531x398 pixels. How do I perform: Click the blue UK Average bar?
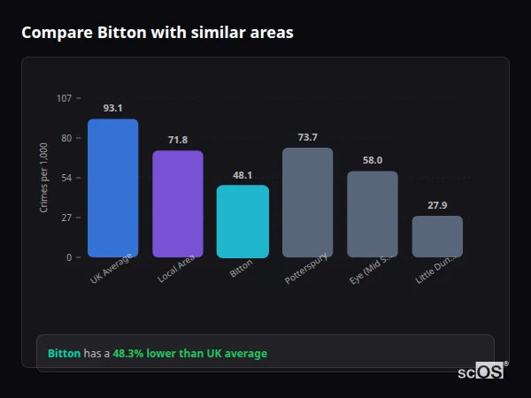(x=112, y=188)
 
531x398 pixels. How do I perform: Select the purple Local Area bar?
(x=177, y=203)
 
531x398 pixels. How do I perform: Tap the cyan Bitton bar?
(x=242, y=221)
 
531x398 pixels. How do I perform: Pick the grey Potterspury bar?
(x=307, y=202)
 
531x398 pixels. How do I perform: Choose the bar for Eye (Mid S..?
(x=372, y=214)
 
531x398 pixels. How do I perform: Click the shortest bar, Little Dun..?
(x=437, y=236)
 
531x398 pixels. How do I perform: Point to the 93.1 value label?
(x=112, y=108)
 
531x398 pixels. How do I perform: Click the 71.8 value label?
(x=177, y=140)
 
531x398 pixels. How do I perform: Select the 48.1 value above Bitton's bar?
(x=242, y=175)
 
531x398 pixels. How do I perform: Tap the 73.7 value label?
(x=307, y=137)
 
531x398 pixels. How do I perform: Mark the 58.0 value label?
(x=372, y=160)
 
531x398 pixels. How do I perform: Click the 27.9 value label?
(x=437, y=205)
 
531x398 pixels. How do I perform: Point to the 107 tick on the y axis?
(x=64, y=98)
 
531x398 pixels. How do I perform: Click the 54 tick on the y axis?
(x=66, y=178)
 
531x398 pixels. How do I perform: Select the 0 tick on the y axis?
(x=69, y=257)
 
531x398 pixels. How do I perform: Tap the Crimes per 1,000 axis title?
(x=43, y=178)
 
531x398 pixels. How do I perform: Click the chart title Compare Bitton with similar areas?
(x=158, y=33)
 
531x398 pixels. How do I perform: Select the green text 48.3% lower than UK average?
(x=189, y=353)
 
